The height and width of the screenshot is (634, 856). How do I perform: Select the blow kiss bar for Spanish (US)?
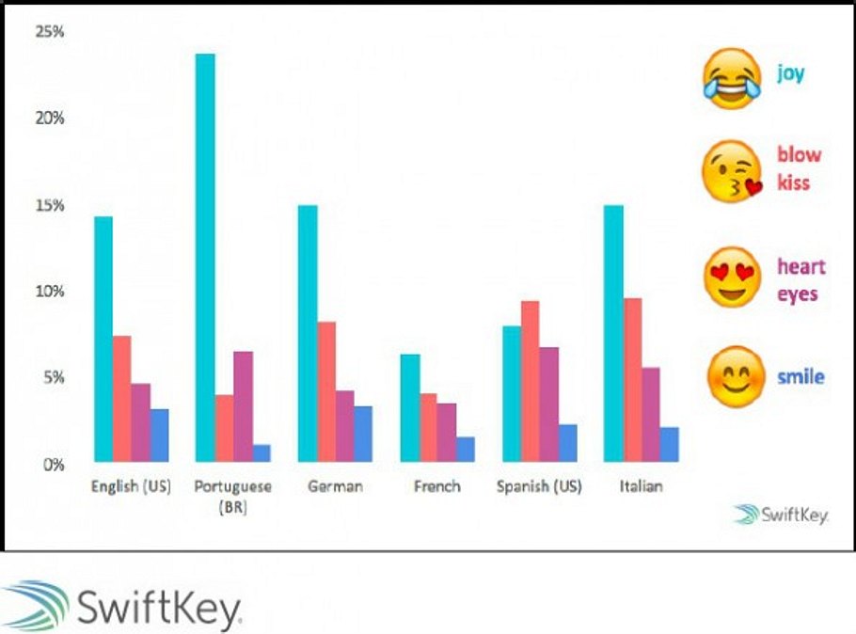[x=530, y=381]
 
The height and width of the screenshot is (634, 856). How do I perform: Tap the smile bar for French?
[x=465, y=449]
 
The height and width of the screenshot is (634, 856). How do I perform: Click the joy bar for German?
[x=308, y=333]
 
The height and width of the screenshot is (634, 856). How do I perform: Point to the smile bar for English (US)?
[x=158, y=435]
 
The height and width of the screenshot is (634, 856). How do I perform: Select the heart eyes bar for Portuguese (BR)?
[x=243, y=405]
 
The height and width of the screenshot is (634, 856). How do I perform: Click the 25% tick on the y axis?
[x=49, y=32]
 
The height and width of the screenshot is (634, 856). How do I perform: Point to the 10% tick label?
[x=49, y=292]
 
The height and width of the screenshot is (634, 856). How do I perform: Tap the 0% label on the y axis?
[x=53, y=465]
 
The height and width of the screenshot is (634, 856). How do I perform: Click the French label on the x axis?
[x=437, y=487]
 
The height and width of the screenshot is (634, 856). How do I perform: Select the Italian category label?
[x=641, y=487]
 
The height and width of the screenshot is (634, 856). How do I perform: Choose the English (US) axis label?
[x=130, y=487]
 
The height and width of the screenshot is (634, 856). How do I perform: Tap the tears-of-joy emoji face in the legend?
[x=732, y=80]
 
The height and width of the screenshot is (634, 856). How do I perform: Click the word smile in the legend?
[x=801, y=377]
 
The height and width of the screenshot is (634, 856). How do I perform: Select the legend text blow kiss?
[x=799, y=168]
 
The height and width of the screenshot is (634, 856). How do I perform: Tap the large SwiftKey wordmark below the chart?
[x=122, y=607]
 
